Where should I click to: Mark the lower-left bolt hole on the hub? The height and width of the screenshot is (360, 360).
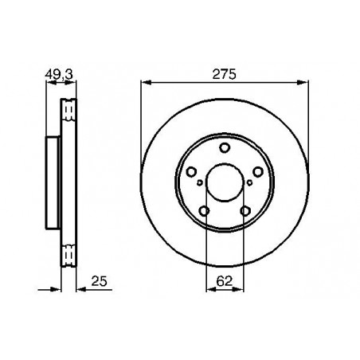[x=205, y=209]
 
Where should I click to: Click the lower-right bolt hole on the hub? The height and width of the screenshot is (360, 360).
[x=245, y=209]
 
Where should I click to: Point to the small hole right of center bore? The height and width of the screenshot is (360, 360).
[x=250, y=183]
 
